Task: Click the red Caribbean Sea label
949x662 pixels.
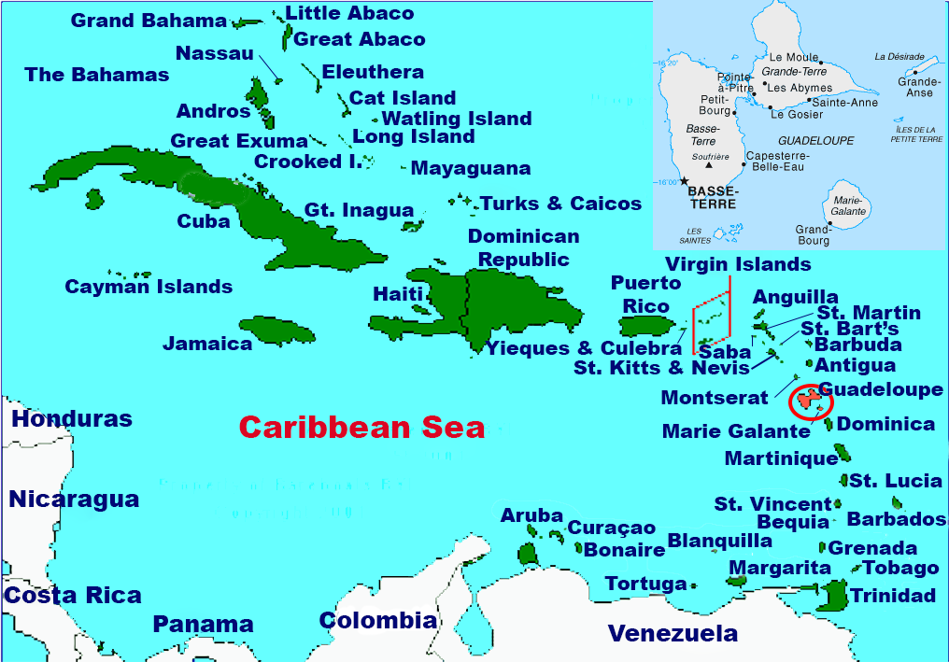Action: pyautogui.click(x=362, y=428)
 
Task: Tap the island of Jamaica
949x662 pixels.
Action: pyautogui.click(x=278, y=330)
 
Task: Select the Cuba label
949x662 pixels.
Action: pyautogui.click(x=204, y=221)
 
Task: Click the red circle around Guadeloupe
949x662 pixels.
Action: pyautogui.click(x=809, y=401)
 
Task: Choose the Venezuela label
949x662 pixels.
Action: pyautogui.click(x=673, y=634)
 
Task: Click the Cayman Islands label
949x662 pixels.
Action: pyautogui.click(x=149, y=287)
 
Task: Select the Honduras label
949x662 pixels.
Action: pyautogui.click(x=72, y=419)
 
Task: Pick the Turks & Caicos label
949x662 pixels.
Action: pyautogui.click(x=560, y=204)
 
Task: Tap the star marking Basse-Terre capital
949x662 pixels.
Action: pyautogui.click(x=685, y=181)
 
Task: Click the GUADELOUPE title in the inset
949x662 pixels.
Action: pyautogui.click(x=815, y=141)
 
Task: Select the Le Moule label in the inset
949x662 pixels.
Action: pyautogui.click(x=789, y=57)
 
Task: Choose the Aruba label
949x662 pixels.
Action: pyautogui.click(x=531, y=515)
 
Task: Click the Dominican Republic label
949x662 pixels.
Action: pyautogui.click(x=523, y=247)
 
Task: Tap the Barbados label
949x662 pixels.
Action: pyautogui.click(x=897, y=519)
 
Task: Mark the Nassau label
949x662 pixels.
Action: pyautogui.click(x=215, y=53)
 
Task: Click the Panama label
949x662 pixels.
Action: pyautogui.click(x=204, y=625)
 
